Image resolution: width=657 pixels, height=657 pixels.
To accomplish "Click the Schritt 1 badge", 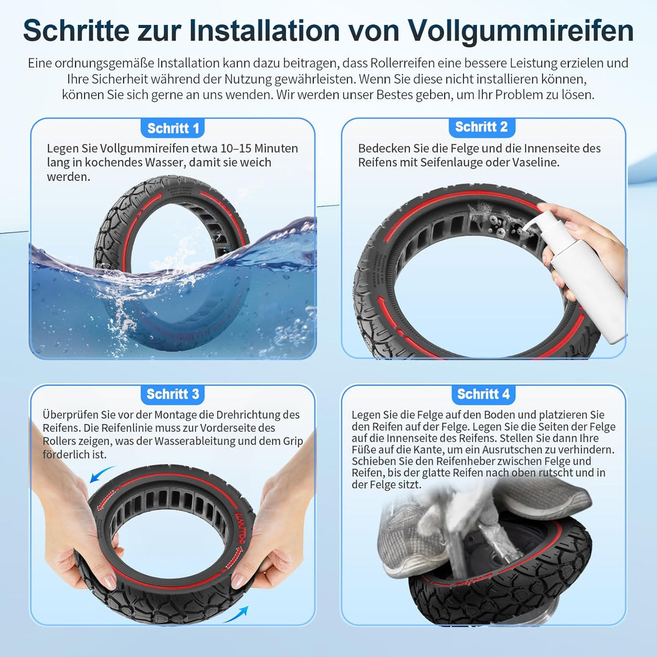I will tap(173, 128).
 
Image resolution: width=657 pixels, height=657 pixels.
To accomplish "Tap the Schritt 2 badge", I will tap(481, 127).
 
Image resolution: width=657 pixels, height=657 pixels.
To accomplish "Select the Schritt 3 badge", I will tap(173, 394).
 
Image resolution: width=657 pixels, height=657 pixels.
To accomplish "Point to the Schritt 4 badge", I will tap(483, 394).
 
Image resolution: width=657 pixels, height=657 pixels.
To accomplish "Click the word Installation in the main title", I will tap(290, 30).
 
